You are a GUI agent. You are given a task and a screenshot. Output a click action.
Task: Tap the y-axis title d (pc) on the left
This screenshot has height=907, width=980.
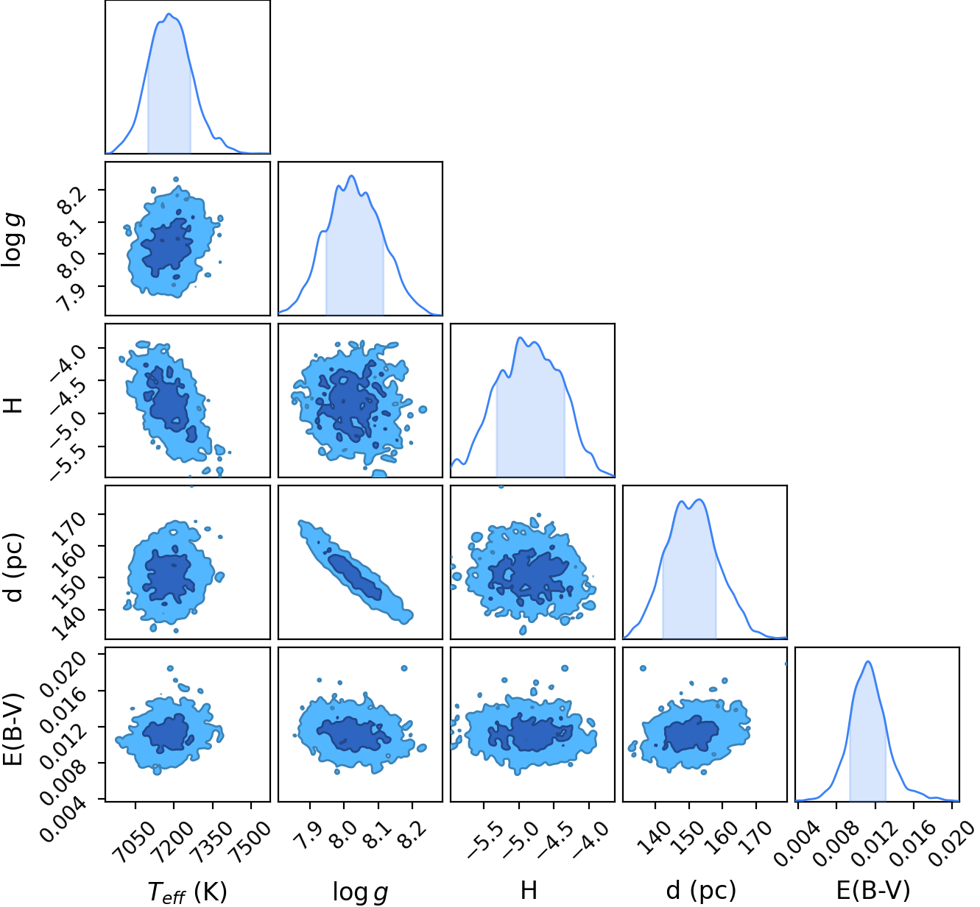coord(13,568)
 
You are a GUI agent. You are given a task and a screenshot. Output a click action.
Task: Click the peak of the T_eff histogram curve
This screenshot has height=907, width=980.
coord(169,14)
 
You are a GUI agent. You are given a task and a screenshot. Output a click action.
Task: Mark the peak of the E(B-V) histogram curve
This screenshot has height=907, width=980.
coord(868,662)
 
